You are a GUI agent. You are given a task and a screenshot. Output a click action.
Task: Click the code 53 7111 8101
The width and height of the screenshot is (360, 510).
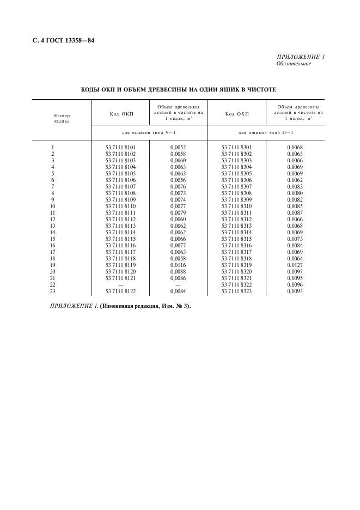pyautogui.click(x=120, y=147)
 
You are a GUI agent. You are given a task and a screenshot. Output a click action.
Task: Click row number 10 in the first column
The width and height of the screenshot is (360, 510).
pyautogui.click(x=52, y=207)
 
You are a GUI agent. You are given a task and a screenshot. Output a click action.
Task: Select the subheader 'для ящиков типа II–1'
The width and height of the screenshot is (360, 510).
pyautogui.click(x=265, y=132)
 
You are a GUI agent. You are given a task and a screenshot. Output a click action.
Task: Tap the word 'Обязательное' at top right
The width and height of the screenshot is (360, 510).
pyautogui.click(x=294, y=64)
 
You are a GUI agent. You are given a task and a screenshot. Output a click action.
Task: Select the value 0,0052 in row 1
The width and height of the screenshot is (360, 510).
pyautogui.click(x=178, y=147)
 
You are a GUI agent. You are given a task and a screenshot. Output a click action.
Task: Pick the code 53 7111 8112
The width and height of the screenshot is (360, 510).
pyautogui.click(x=120, y=220)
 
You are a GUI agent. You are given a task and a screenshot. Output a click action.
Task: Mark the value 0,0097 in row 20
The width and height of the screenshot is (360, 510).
pyautogui.click(x=295, y=271)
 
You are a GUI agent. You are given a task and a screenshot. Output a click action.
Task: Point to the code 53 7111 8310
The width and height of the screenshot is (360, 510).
pyautogui.click(x=236, y=207)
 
